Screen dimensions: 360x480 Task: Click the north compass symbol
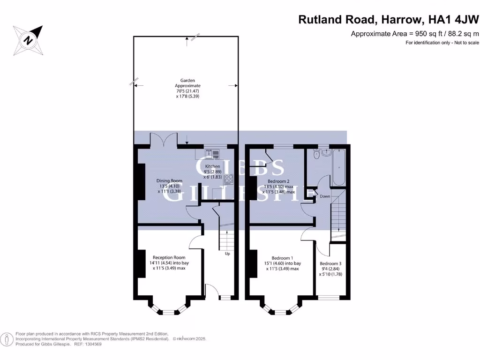pos(29,40)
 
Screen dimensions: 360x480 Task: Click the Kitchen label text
pos(212,166)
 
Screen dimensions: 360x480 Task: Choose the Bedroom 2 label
pos(278,181)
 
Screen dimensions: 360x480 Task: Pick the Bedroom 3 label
pos(330,263)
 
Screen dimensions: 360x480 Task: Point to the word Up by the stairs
pos(227,254)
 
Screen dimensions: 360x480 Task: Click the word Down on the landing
pos(325,196)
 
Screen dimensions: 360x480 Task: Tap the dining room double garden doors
pos(164,140)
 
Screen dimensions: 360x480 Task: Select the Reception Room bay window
pos(169,309)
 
